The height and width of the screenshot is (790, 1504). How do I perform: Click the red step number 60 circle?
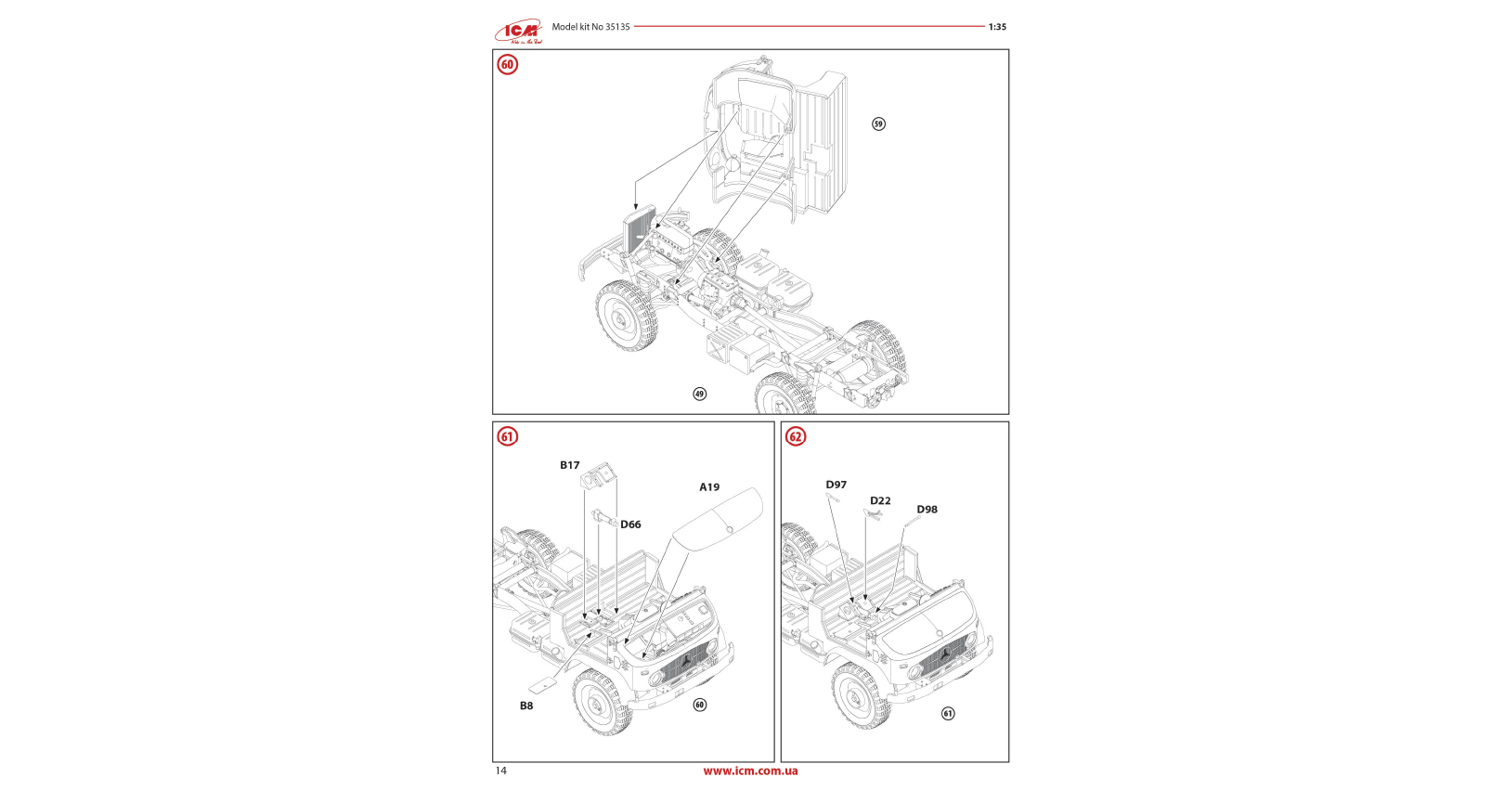tap(507, 64)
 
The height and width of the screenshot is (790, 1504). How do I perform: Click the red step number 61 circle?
tap(507, 436)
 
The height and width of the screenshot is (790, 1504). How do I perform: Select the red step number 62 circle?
tap(796, 436)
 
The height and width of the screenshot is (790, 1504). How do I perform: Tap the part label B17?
tap(569, 465)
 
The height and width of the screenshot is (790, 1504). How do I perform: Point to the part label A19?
tap(709, 486)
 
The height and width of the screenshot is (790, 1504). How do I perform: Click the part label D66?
tap(630, 525)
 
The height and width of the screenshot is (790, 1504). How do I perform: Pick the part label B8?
tap(526, 706)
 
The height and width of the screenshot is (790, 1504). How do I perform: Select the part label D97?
tap(836, 485)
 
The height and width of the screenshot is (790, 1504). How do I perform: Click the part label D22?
tap(880, 500)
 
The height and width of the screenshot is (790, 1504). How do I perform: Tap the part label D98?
tap(927, 509)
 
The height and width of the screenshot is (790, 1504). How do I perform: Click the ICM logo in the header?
tap(518, 32)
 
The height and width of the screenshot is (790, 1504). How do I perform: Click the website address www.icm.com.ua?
tap(750, 771)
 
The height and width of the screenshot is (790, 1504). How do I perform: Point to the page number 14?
tap(501, 771)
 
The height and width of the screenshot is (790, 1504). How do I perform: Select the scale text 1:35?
tap(997, 27)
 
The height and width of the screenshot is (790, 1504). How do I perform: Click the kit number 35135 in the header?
tap(617, 27)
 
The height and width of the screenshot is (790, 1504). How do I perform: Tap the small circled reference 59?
tap(878, 123)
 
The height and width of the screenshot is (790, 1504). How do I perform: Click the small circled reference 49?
tap(699, 394)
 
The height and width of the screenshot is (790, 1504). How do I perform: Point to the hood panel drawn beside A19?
tap(718, 519)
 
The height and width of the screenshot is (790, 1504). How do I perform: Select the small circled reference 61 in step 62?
tap(948, 713)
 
